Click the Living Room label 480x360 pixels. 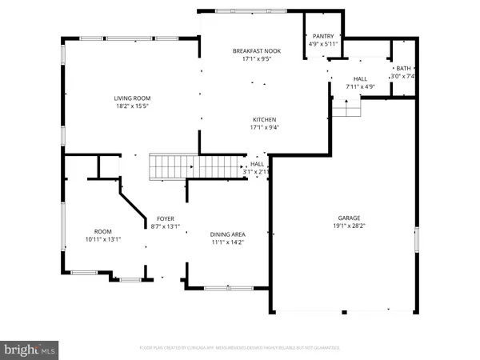point(131,98)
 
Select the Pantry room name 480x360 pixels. point(324,36)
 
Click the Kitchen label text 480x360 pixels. point(264,118)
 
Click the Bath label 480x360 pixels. point(402,69)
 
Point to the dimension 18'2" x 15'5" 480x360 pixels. point(131,106)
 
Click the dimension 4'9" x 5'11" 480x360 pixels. point(324,44)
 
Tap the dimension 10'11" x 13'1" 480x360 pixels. point(102,238)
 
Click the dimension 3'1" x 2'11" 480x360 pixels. point(256,171)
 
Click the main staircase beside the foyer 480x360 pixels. point(197,167)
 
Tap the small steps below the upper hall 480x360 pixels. point(346,107)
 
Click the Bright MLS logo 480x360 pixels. point(30,349)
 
